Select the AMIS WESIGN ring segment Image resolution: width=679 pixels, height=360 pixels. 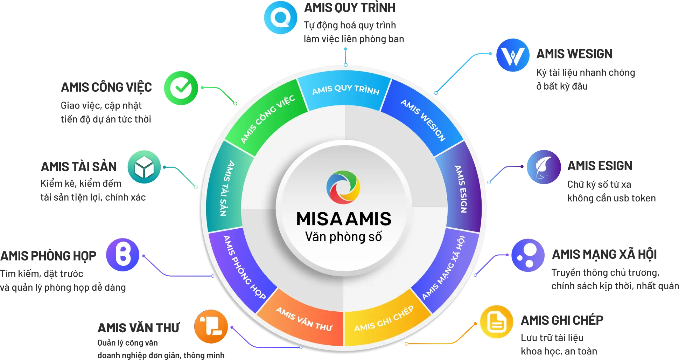[423, 119]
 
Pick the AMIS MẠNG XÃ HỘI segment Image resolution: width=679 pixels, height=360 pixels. [444, 268]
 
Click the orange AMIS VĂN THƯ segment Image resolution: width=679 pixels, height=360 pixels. [304, 319]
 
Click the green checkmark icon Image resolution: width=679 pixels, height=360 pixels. [181, 88]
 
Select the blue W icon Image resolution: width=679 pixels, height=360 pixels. [512, 55]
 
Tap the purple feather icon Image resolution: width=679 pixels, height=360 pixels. [544, 167]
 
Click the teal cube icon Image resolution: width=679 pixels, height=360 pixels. [144, 167]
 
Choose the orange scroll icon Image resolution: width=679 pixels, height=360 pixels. [211, 326]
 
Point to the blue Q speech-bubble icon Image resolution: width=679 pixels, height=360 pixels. [281, 18]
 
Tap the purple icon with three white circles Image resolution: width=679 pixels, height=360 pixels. [528, 255]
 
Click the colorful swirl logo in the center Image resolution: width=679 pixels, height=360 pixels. [343, 187]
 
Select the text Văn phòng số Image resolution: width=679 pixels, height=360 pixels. [343, 237]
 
